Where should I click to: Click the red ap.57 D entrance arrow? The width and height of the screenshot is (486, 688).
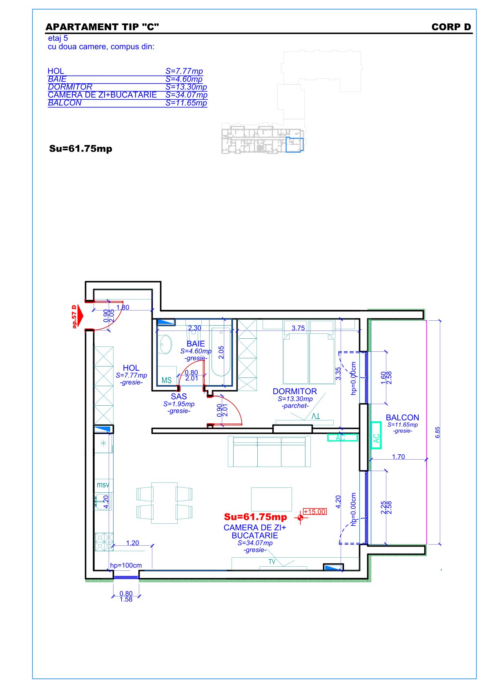click(x=78, y=316)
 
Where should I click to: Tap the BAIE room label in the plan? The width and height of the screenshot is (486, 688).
click(x=196, y=344)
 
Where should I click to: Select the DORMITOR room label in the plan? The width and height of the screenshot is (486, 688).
click(x=294, y=391)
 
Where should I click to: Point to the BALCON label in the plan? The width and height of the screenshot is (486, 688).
click(x=402, y=418)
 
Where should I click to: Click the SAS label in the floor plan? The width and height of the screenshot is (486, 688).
click(x=179, y=397)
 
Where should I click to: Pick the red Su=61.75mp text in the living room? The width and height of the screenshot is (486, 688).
click(x=255, y=517)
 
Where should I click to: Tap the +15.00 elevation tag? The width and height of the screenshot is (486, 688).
click(x=314, y=512)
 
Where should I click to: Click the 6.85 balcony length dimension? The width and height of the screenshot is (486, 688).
click(x=438, y=433)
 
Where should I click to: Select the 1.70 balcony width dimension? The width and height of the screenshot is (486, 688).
click(x=398, y=457)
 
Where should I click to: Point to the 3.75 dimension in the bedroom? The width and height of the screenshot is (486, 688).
click(x=298, y=328)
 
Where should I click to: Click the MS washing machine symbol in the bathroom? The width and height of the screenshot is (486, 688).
click(x=167, y=380)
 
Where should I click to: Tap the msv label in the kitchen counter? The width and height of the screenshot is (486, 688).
click(x=103, y=485)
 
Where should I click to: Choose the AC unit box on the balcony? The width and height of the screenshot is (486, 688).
click(x=376, y=436)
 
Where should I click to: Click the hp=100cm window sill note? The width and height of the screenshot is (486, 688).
click(x=126, y=565)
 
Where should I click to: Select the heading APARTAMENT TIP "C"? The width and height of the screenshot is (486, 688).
click(x=102, y=27)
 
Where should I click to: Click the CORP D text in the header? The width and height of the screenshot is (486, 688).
click(x=451, y=27)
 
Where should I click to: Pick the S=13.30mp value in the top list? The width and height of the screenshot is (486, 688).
click(x=186, y=87)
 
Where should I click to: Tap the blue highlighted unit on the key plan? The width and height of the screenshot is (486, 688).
click(x=294, y=145)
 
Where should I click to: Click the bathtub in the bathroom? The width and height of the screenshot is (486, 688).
click(x=221, y=351)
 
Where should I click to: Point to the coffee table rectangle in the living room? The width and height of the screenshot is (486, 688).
click(x=271, y=499)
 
